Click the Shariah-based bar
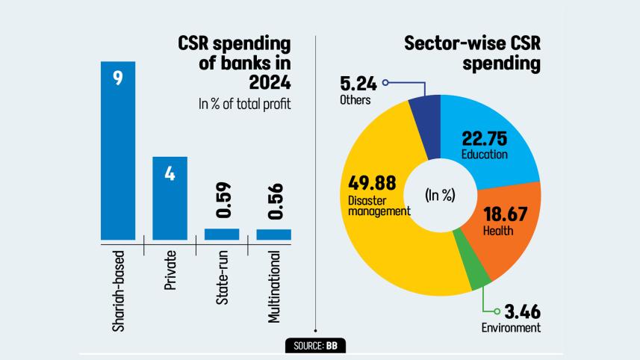(x=118, y=149)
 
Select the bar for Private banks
(x=170, y=198)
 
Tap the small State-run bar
(x=222, y=235)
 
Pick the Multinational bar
(x=273, y=235)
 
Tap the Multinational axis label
(x=274, y=288)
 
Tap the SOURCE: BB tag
(x=316, y=346)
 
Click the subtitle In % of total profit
(x=244, y=105)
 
